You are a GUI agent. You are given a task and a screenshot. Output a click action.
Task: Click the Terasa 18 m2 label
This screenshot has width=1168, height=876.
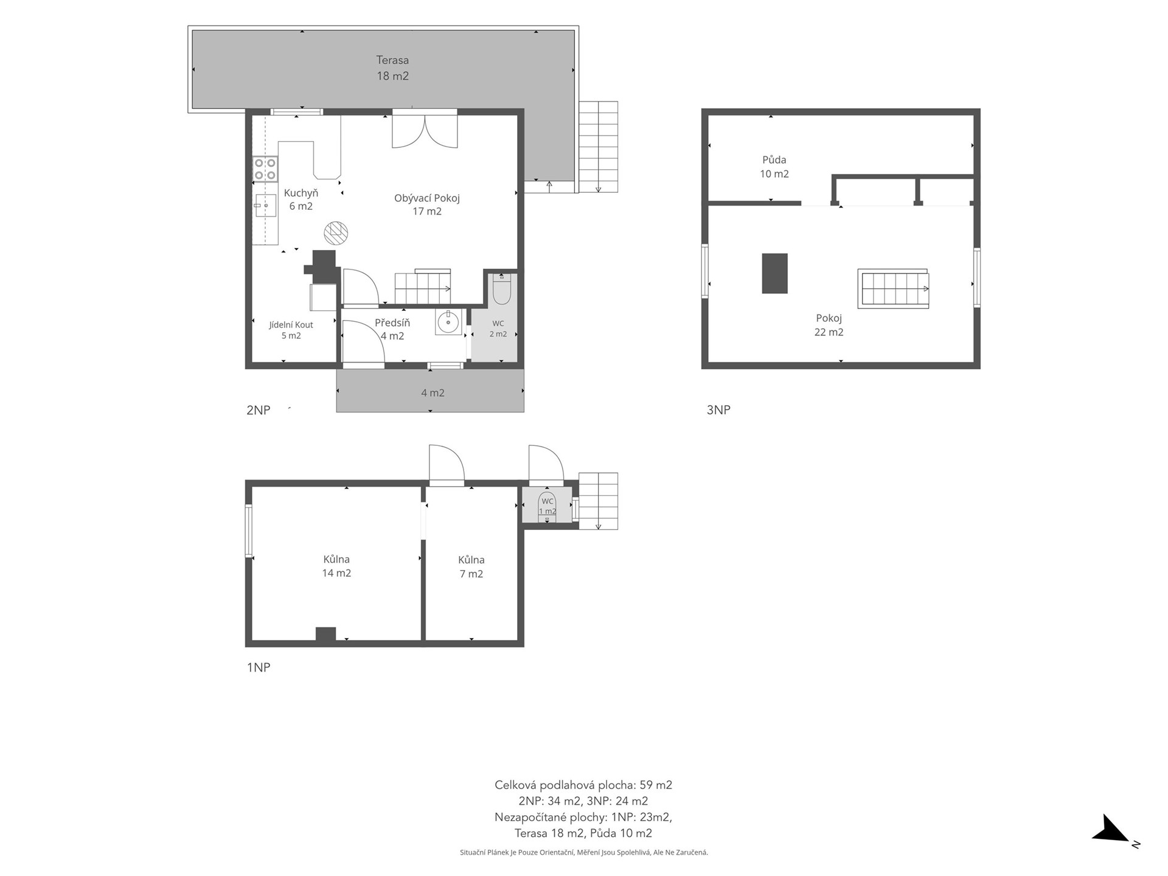click(392, 68)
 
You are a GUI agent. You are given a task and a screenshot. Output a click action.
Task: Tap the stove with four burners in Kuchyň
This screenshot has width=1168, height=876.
click(265, 169)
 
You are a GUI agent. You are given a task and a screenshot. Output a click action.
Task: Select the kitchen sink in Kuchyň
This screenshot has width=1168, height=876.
click(265, 206)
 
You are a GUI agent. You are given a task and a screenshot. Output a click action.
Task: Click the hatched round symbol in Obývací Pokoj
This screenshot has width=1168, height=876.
click(336, 232)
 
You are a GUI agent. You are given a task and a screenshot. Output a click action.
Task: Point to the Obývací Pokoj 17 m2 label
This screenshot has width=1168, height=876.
click(427, 204)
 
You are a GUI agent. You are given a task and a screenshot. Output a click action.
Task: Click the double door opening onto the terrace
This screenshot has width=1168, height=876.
click(425, 129)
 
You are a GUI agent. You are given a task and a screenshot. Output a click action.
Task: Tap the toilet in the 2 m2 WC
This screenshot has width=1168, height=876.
click(501, 289)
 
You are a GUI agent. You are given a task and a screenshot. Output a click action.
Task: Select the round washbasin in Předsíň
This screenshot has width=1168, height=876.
click(448, 322)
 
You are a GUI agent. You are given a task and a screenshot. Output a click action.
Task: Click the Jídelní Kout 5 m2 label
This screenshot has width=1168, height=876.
click(291, 330)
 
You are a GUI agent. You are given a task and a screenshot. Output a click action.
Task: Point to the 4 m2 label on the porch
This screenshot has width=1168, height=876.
click(433, 393)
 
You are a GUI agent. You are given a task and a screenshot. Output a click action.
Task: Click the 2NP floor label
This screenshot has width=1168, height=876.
click(258, 410)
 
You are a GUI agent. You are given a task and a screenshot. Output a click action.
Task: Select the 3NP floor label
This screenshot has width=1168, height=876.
click(718, 410)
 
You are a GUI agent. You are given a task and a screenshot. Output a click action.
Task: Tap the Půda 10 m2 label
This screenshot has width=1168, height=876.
click(774, 167)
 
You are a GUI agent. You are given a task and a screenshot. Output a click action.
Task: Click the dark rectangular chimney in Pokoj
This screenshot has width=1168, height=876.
click(774, 274)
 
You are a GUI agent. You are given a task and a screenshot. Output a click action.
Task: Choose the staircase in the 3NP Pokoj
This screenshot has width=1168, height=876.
click(894, 288)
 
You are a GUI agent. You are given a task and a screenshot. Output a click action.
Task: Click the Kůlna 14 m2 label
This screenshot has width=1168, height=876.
click(336, 566)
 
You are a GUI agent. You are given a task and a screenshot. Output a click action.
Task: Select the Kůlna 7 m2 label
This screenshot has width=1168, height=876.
click(471, 566)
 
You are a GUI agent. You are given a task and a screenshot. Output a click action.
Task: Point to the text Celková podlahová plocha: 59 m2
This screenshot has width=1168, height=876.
click(583, 785)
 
